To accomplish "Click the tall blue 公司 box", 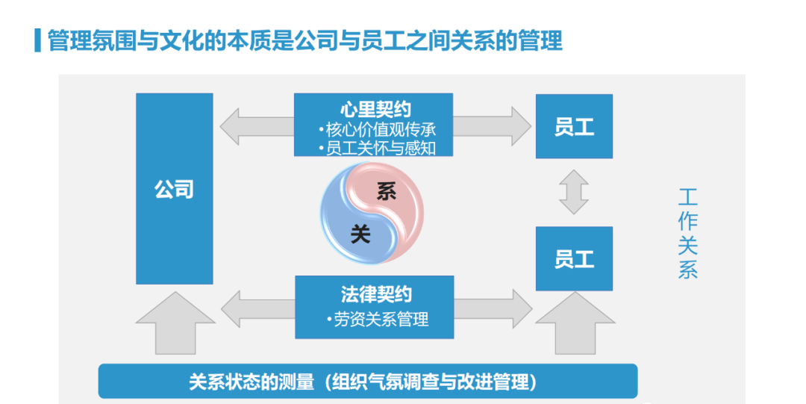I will (174, 188).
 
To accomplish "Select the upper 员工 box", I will (574, 126).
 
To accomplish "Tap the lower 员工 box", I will (574, 258).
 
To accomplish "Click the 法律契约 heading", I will (375, 293).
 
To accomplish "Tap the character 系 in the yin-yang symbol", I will (385, 193).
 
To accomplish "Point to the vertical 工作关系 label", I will (687, 234).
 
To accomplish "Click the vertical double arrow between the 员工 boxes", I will (574, 192).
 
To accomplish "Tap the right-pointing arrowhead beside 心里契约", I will (519, 125).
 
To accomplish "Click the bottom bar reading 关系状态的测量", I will (368, 382).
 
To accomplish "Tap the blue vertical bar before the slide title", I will (37, 40).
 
